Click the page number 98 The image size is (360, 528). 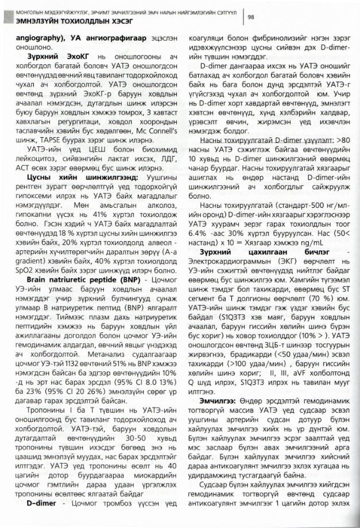(251, 17)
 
